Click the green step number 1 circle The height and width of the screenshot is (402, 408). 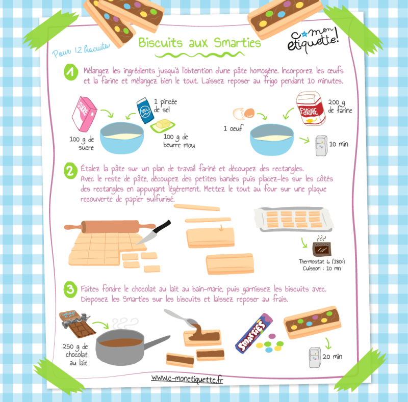[71, 72]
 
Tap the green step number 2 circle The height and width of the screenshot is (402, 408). [70, 171]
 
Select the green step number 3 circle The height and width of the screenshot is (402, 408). [70, 289]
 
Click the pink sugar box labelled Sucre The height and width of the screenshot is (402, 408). [84, 114]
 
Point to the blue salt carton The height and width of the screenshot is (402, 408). [145, 111]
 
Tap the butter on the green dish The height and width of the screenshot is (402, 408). [163, 125]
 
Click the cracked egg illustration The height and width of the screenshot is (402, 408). [244, 114]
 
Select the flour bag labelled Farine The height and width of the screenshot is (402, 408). [311, 109]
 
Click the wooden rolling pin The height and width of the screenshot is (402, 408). [110, 227]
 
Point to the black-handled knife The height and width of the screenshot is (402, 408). [154, 232]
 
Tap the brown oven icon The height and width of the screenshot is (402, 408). [322, 249]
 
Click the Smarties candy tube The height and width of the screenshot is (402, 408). [254, 333]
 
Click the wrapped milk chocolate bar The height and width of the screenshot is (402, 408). [78, 324]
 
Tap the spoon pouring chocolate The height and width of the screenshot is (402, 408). [182, 318]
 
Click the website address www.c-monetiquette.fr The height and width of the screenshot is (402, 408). [187, 379]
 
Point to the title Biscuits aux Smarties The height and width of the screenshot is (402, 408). [199, 43]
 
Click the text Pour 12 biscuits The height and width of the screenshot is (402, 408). [81, 49]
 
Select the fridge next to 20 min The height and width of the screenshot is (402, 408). [315, 357]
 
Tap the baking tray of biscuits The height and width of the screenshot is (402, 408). [294, 219]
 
